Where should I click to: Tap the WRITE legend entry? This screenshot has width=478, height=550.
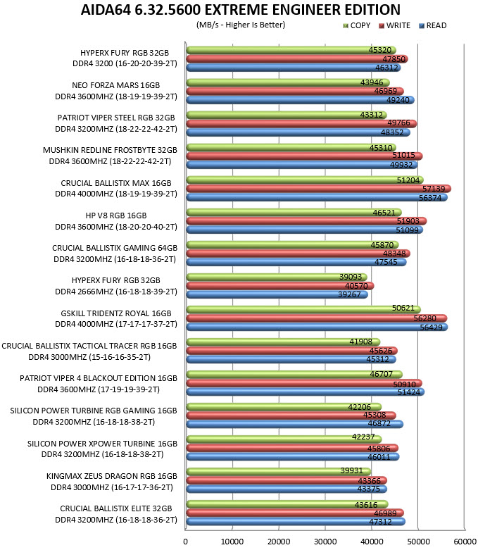[x=394, y=25]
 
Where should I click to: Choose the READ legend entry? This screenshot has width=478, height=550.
[x=433, y=25]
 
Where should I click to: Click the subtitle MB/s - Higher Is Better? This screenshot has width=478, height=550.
[x=241, y=25]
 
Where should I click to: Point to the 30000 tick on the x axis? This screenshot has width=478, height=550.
[x=325, y=542]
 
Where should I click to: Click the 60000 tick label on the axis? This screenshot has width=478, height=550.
[x=465, y=542]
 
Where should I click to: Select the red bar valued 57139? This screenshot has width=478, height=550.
[x=318, y=189]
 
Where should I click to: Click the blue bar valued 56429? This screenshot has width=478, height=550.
[x=317, y=327]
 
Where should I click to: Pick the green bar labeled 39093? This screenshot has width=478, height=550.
[x=277, y=277]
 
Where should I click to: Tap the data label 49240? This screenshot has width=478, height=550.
[x=398, y=100]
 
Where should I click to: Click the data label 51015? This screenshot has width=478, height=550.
[x=403, y=155]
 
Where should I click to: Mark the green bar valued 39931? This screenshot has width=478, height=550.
[x=279, y=471]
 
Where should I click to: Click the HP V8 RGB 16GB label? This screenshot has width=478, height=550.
[x=116, y=215]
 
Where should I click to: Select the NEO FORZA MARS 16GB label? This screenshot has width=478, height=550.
[x=115, y=85]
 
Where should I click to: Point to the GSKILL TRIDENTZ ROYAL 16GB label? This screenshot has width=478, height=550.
[x=116, y=313]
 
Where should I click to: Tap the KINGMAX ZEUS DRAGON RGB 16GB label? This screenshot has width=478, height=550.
[x=112, y=476]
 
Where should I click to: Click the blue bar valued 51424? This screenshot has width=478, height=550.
[x=306, y=392]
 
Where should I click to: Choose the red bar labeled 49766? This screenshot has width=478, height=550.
[x=301, y=123]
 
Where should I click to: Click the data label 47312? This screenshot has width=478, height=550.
[x=380, y=522]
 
